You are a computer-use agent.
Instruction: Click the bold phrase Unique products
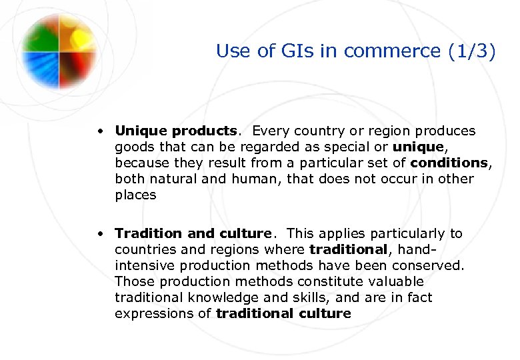175,131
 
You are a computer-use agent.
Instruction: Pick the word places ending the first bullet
135,195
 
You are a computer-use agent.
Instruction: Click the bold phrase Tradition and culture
193,233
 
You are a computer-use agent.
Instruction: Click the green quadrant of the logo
41,34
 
